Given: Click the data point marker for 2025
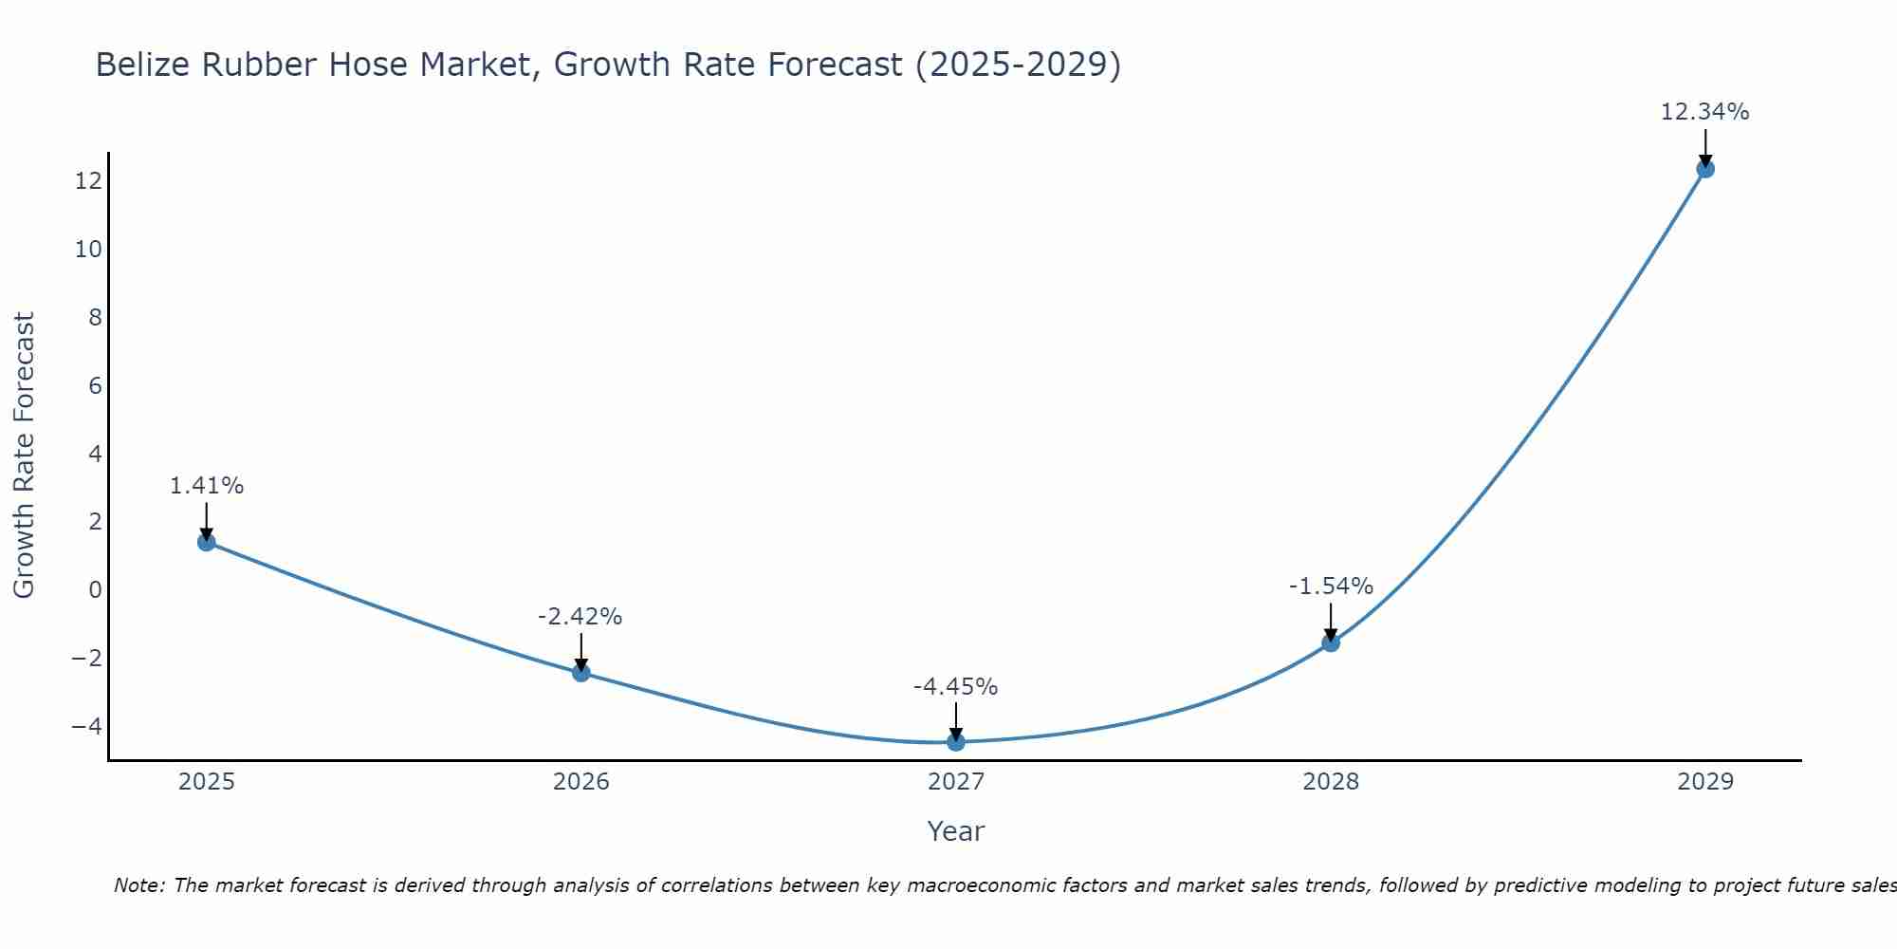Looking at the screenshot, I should pyautogui.click(x=207, y=542).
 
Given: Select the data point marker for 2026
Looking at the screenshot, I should pyautogui.click(x=581, y=672).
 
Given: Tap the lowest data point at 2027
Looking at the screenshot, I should pyautogui.click(x=956, y=741).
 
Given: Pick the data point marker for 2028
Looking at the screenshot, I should pyautogui.click(x=1331, y=642).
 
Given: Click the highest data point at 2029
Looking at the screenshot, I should pyautogui.click(x=1705, y=169).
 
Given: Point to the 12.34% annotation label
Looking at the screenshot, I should pyautogui.click(x=1704, y=112).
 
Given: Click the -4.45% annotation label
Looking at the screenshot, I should pyautogui.click(x=955, y=686).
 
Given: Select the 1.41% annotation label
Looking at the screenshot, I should pyautogui.click(x=207, y=486).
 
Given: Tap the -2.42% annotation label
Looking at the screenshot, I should pyautogui.click(x=580, y=617).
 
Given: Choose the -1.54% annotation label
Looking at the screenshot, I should pyautogui.click(x=1331, y=586).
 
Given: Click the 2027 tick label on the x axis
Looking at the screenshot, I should pyautogui.click(x=956, y=782).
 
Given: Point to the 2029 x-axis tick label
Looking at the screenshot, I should pyautogui.click(x=1705, y=782).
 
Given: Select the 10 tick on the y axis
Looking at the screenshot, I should pyautogui.click(x=88, y=250).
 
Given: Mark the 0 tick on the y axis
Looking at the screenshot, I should pyautogui.click(x=95, y=589).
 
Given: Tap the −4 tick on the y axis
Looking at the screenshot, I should pyautogui.click(x=86, y=726).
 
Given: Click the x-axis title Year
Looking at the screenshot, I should pyautogui.click(x=956, y=831).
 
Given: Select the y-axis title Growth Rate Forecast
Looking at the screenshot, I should pyautogui.click(x=24, y=456).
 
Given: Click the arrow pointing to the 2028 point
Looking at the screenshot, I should pyautogui.click(x=1331, y=622).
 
